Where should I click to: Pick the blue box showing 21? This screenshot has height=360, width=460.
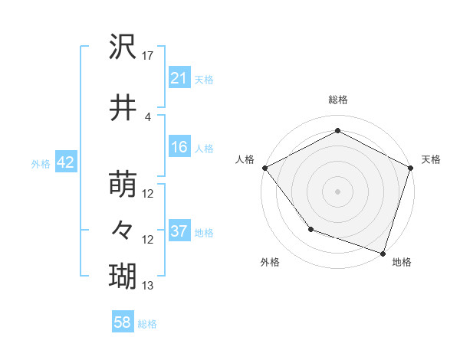pos(179,78)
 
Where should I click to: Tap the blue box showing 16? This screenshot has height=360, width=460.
pos(179,147)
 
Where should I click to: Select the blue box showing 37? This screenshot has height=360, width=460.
pos(179,231)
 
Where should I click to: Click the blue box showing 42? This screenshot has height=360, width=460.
pos(64,162)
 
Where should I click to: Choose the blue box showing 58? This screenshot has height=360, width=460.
pos(123,323)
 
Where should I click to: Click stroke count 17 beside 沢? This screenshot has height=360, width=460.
pos(148,56)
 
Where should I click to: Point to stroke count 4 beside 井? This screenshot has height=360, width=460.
pos(148,116)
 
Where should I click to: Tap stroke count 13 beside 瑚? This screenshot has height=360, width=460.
pos(148,286)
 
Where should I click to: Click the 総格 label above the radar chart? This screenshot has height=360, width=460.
pos(338,100)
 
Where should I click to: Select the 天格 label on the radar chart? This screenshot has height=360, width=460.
pos(432,159)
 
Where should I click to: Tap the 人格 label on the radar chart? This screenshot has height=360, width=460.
pos(245,159)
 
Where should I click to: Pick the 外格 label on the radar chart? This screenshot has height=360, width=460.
pos(270,263)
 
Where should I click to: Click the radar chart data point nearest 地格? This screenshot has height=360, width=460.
pos(383,252)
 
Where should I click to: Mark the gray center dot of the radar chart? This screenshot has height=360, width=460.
pos(338,191)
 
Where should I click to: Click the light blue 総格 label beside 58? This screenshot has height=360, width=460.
pos(147,324)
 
